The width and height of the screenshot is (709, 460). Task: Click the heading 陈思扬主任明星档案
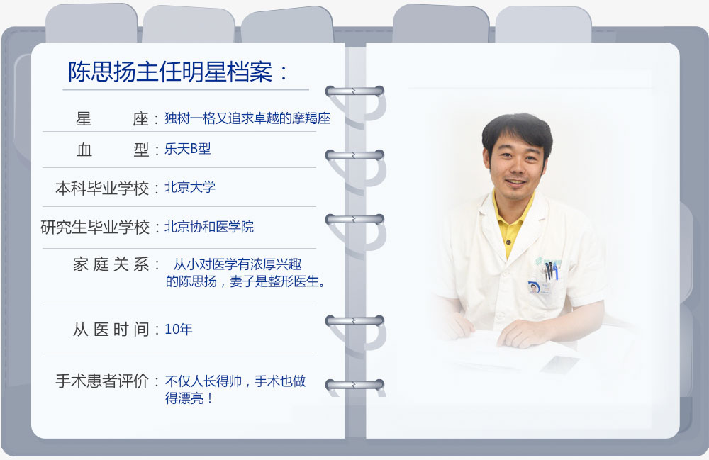pos(170,72)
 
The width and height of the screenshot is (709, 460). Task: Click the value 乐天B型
pos(188,149)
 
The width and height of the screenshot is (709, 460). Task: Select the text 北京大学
pos(190,187)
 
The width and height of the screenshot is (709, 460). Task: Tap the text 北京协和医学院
pos(209,226)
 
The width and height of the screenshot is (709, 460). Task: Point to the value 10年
pos(179,329)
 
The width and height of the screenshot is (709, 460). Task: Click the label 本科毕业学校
pos(102,188)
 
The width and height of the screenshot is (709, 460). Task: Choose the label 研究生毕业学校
pos(95,228)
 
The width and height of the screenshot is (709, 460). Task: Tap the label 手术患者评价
pos(102,381)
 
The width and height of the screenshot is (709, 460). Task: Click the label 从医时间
pos(111,330)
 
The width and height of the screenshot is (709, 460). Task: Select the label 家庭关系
pos(111,264)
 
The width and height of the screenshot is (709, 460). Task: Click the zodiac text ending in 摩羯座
pos(247,118)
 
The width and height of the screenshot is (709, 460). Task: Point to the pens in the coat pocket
pos(550,270)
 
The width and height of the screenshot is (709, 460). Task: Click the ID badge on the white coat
pos(534,287)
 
